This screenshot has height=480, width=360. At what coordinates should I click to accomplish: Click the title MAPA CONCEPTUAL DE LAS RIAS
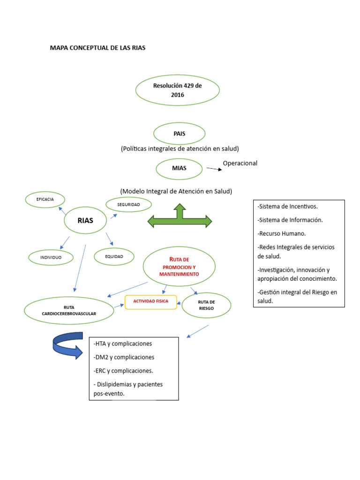(x=97, y=48)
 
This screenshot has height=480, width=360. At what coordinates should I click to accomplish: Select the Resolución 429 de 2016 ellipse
(x=177, y=90)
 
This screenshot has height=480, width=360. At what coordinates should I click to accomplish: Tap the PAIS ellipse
(x=179, y=134)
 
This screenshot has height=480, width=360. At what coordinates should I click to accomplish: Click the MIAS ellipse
(x=179, y=169)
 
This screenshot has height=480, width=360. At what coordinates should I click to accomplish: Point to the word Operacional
(x=240, y=163)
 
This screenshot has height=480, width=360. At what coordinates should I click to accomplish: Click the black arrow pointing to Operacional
(x=214, y=169)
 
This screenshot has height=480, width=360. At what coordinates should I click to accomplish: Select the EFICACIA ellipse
(x=45, y=200)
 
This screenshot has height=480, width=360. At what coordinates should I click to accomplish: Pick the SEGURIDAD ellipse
(x=128, y=204)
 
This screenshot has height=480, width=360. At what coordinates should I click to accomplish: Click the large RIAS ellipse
(x=85, y=220)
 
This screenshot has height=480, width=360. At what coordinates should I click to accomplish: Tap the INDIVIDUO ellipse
(x=51, y=257)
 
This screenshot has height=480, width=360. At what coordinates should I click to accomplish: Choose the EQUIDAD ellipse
(x=114, y=256)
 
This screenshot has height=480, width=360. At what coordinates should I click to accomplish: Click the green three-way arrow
(x=180, y=218)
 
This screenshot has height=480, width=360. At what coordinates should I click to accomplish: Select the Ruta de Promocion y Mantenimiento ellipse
(x=179, y=267)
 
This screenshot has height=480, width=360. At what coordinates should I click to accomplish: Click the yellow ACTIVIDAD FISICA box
(x=150, y=302)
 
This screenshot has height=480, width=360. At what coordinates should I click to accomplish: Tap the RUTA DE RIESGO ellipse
(x=206, y=306)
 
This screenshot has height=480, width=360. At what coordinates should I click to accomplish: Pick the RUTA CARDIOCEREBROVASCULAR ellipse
(x=69, y=310)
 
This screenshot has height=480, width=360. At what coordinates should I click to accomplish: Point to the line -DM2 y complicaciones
(x=124, y=357)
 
